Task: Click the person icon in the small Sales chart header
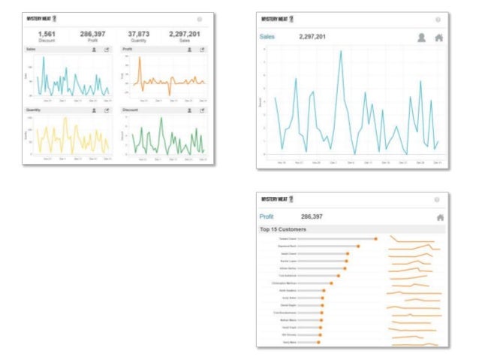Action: pyautogui.click(x=94, y=49)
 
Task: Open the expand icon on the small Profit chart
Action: pyautogui.click(x=202, y=49)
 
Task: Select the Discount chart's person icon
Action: pyautogui.click(x=190, y=110)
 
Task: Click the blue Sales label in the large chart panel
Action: pyautogui.click(x=267, y=36)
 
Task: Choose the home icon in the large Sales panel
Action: pyautogui.click(x=439, y=36)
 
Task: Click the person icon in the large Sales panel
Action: pyautogui.click(x=421, y=36)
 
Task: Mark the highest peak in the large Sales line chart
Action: pyautogui.click(x=342, y=51)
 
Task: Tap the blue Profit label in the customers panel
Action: pyautogui.click(x=267, y=216)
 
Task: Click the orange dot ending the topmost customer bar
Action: pyautogui.click(x=375, y=239)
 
